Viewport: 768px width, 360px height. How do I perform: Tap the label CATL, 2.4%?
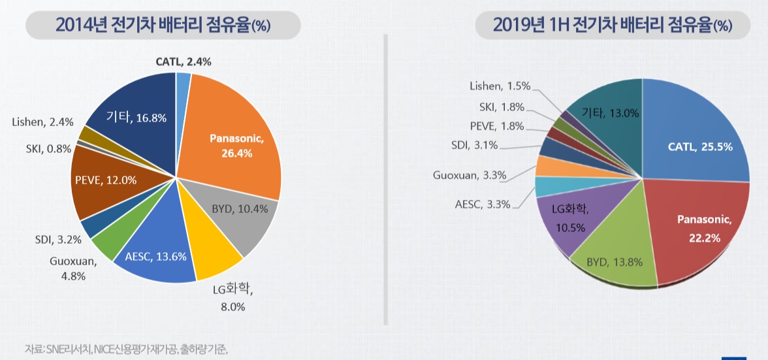coord(183,61)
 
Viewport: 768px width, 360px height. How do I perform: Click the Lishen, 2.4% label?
coord(42,122)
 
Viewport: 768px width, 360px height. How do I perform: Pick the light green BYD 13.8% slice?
coord(614,258)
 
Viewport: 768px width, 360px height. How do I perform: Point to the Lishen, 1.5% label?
coord(500,86)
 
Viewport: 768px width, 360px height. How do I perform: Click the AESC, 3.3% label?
coord(484,205)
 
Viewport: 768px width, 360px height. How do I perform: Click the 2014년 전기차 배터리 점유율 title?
coord(163,25)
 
